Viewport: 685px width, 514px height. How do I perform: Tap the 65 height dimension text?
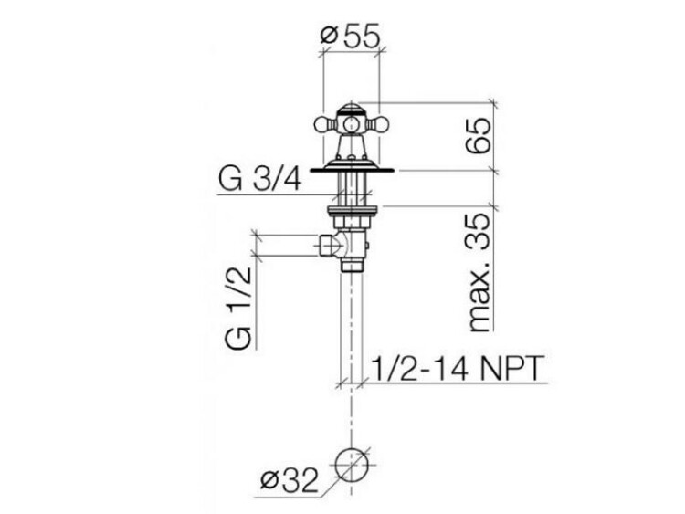tap(479, 135)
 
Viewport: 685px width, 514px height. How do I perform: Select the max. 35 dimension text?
tap(479, 272)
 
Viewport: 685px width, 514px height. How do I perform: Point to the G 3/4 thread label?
tap(260, 180)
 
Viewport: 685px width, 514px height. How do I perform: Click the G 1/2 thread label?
tap(239, 308)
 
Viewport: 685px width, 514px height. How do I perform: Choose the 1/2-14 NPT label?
tap(458, 368)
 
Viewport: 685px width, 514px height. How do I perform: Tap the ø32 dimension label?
tap(289, 482)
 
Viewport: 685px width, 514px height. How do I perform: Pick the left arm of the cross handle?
tap(325, 125)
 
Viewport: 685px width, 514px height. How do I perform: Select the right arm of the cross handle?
tap(374, 125)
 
